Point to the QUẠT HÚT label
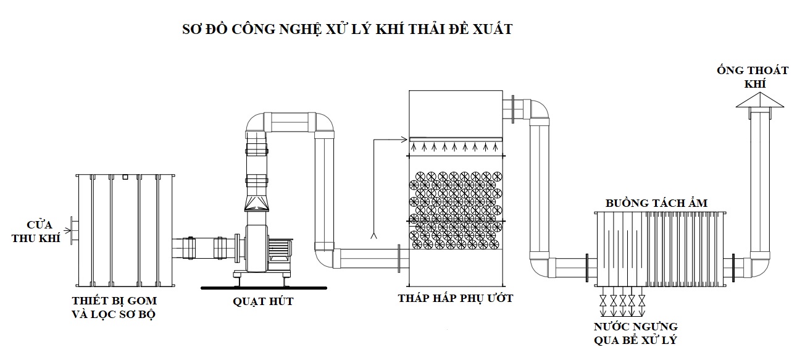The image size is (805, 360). (263, 301)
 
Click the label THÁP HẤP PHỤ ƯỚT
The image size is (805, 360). (456, 299)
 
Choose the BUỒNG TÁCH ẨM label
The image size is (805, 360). (656, 203)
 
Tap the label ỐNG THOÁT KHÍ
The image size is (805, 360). (761, 77)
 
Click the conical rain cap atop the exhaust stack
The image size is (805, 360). (760, 101)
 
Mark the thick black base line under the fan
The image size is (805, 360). (264, 287)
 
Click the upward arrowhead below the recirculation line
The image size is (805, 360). (372, 236)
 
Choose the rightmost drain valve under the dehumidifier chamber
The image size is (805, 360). (641, 301)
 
